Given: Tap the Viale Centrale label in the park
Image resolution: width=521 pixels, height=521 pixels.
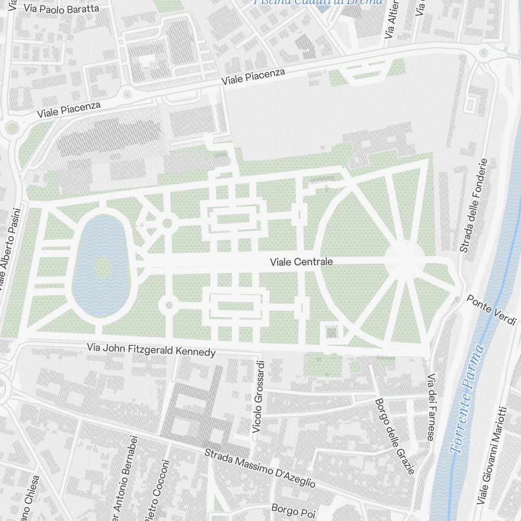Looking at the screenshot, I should [301, 262].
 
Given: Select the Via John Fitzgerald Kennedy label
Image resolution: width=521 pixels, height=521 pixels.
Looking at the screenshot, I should [151, 350].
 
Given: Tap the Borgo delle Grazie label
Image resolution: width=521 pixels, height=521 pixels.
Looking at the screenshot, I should [395, 436].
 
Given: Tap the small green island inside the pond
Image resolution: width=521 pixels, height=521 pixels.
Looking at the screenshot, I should [103, 267].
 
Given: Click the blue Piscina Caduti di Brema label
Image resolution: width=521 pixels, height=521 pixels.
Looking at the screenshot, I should [318, 2].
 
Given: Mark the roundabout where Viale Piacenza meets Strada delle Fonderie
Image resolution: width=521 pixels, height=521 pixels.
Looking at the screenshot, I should [484, 52].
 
